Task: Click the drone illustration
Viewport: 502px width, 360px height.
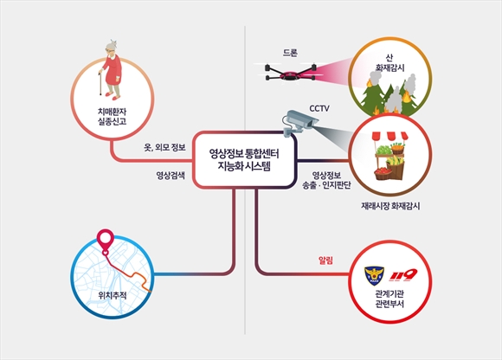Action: (x=291, y=73)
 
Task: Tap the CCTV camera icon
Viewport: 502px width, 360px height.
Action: (x=299, y=123)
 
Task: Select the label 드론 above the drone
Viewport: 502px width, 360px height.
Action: (x=290, y=53)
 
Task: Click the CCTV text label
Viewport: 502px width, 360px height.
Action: (x=319, y=109)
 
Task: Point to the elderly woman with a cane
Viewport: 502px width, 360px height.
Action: (x=111, y=70)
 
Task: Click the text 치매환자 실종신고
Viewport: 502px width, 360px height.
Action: (x=113, y=117)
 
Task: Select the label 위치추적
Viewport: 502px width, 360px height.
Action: (x=113, y=295)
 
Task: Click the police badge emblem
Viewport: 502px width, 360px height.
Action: (x=374, y=276)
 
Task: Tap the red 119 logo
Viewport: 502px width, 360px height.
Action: (x=403, y=274)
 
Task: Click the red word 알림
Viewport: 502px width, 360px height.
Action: (x=325, y=260)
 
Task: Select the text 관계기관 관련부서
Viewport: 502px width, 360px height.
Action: (x=389, y=299)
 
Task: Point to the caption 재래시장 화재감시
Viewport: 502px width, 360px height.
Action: (x=390, y=206)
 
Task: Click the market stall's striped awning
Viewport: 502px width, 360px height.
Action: (x=390, y=136)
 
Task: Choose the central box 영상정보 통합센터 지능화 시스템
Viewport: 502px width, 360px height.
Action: (x=244, y=159)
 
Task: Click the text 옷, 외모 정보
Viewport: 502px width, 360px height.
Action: (x=164, y=147)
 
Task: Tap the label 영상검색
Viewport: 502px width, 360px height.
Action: (x=171, y=176)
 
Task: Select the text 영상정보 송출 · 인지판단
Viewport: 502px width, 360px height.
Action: (x=326, y=180)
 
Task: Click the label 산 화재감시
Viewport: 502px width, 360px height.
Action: (x=389, y=62)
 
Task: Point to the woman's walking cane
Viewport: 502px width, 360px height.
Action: (x=100, y=82)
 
